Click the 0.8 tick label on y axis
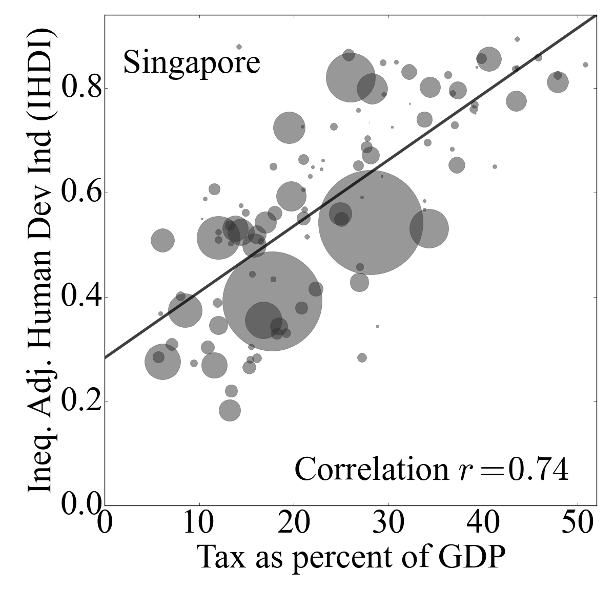[x=79, y=89]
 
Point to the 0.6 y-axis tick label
[x=79, y=193]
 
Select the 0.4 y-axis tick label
[x=79, y=298]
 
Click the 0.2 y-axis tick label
[x=79, y=402]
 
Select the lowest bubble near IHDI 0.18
[x=230, y=410]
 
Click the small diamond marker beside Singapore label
[x=239, y=47]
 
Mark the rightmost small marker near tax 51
[x=585, y=65]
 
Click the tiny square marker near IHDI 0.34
[x=377, y=326]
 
